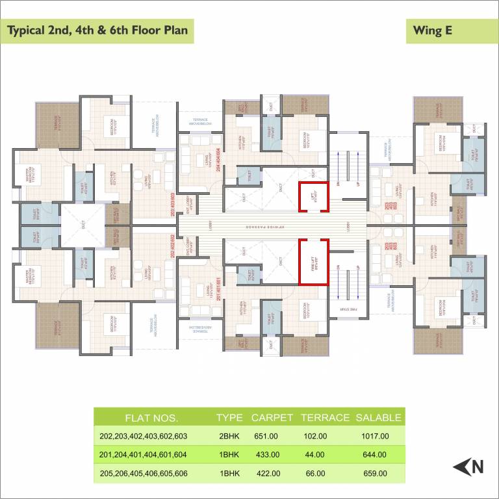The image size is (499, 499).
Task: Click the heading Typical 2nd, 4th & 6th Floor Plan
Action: [x=98, y=31]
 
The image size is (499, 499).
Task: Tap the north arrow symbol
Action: [x=469, y=466]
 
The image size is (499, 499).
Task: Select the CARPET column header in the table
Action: [x=272, y=418]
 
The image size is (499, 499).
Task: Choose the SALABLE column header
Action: [x=378, y=418]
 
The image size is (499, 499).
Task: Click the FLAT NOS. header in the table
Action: [x=151, y=418]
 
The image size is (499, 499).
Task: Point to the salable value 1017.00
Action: [x=375, y=436]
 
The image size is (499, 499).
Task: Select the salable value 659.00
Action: [x=375, y=474]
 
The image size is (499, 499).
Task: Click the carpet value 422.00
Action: [x=267, y=474]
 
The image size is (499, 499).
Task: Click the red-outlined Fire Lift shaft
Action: [x=314, y=262]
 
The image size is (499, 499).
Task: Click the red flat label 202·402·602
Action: [x=173, y=246]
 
